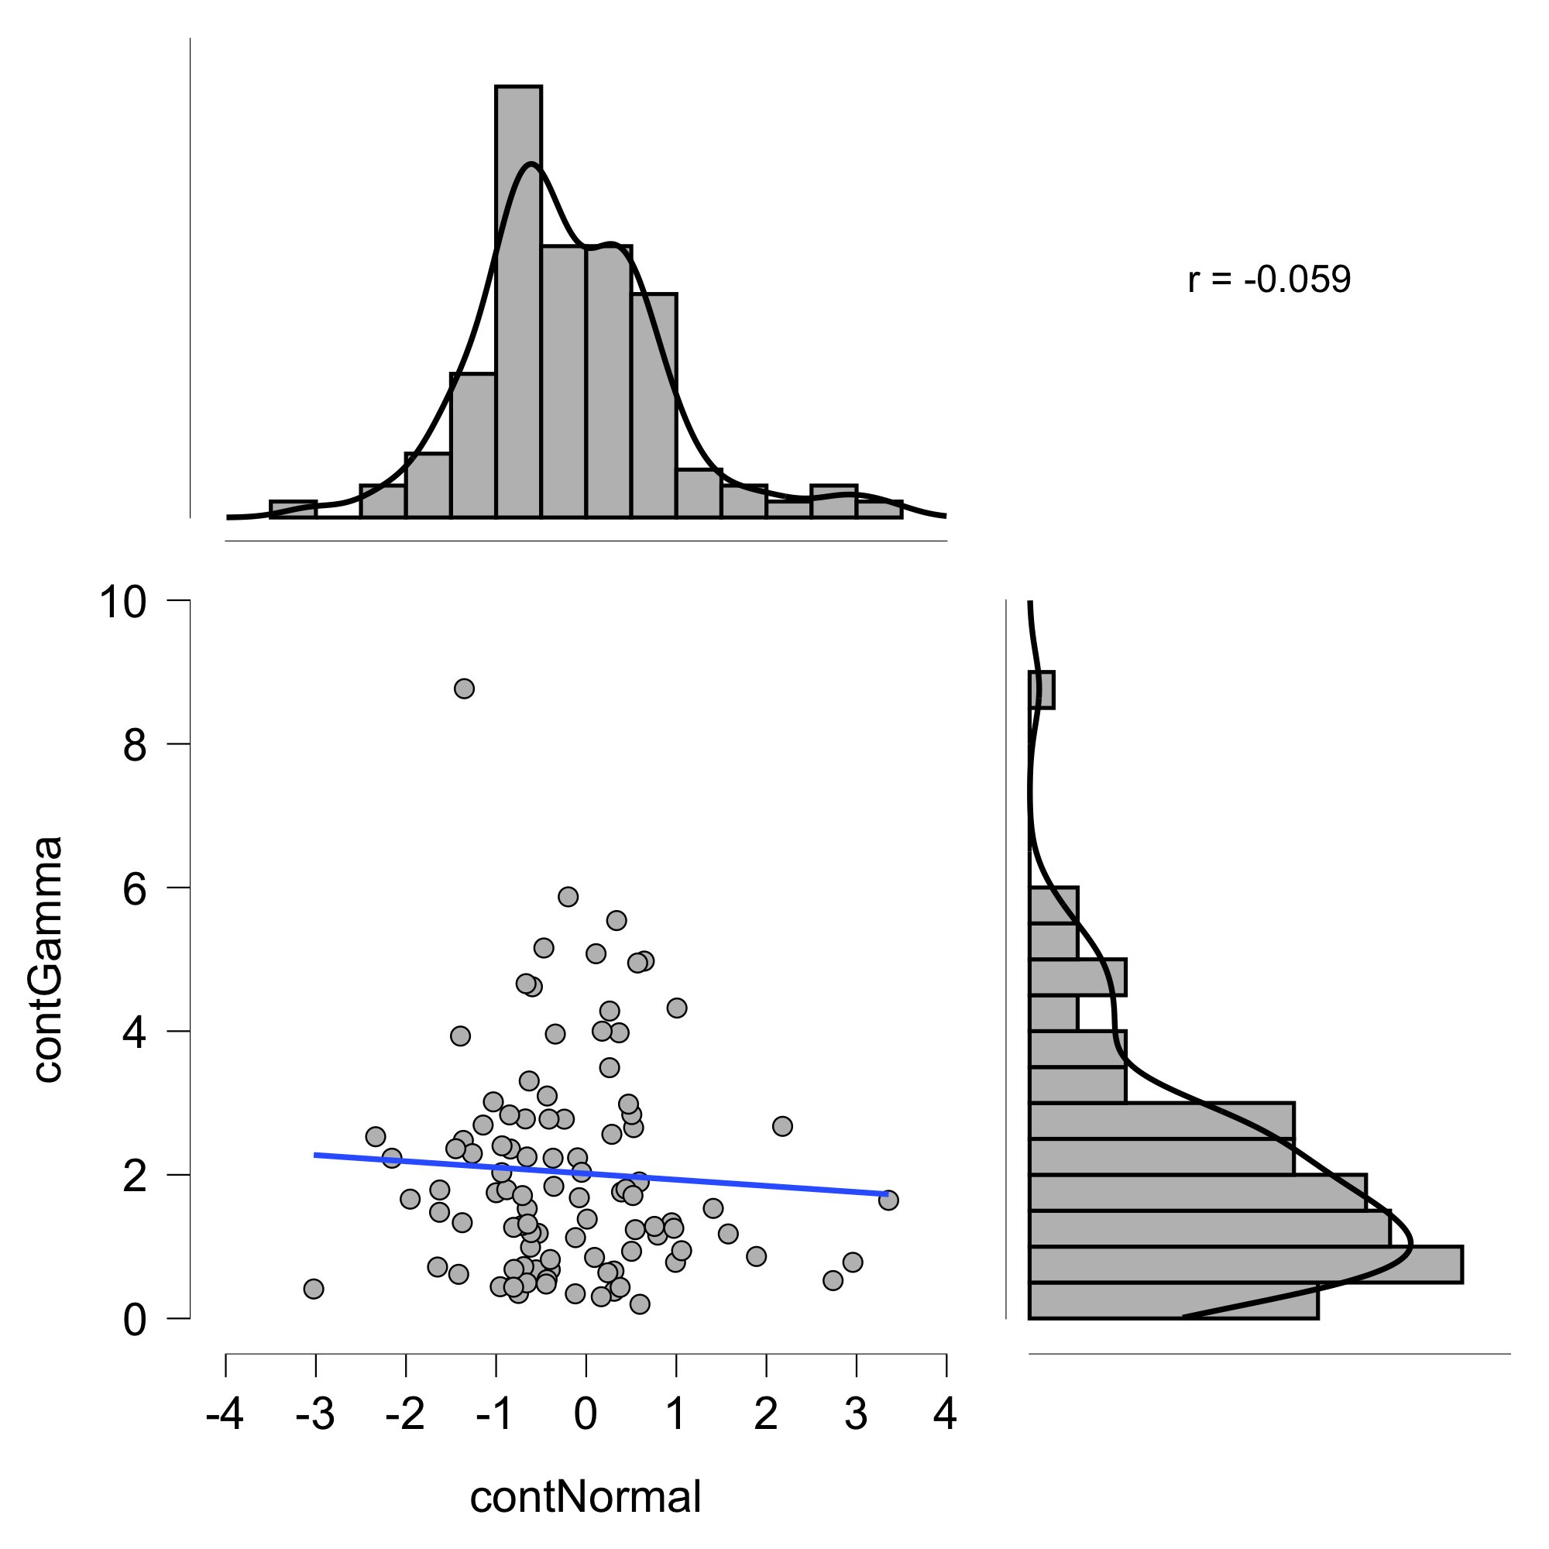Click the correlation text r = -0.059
coord(1269,280)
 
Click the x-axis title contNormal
coord(586,1497)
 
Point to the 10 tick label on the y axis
coord(123,602)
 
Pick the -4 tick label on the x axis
coord(225,1414)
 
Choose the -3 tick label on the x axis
coord(315,1414)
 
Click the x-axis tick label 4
coord(946,1414)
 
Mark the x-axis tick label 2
coord(766,1414)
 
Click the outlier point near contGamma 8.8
coord(464,689)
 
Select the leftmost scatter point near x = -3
coord(314,1290)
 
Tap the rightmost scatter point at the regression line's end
coord(888,1200)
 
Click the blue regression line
coord(601,1175)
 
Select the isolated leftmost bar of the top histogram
coord(293,509)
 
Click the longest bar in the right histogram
coord(1245,1265)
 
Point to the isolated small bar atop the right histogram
coord(1042,690)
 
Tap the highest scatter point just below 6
coord(568,896)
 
